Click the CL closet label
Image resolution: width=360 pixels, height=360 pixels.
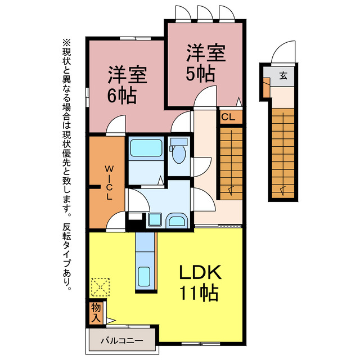[x=228, y=117]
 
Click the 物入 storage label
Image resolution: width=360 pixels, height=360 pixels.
[x=96, y=312]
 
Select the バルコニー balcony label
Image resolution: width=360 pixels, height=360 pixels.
[x=121, y=340]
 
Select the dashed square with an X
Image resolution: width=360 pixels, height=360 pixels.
[x=100, y=286]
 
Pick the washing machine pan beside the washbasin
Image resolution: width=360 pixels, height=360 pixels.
[x=154, y=220]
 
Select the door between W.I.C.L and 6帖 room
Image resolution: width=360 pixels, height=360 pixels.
[x=116, y=125]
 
